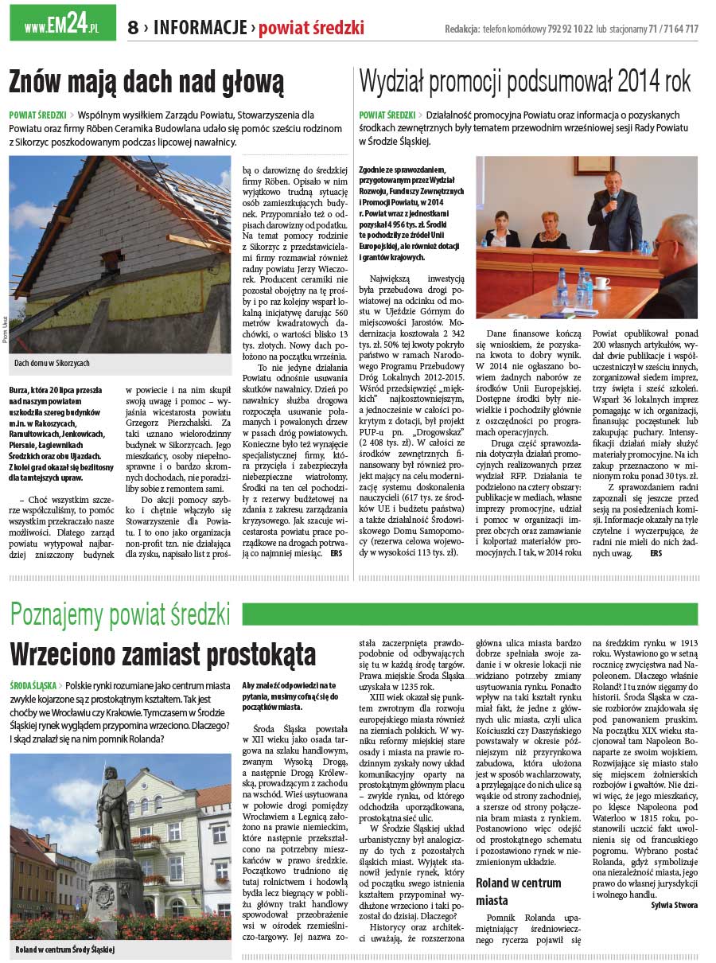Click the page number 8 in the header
pos(133,28)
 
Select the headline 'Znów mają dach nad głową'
pos(146,82)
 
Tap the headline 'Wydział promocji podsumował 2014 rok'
pos(525,81)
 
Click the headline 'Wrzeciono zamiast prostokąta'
pos(163,654)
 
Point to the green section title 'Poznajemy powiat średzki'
pos(121,614)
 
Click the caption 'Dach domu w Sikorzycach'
pos(52,363)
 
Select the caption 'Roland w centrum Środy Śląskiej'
pos(65,949)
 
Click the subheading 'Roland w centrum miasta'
pos(519,891)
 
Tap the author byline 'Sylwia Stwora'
pos(674,905)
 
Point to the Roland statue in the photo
pos(111,804)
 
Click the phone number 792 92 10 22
pos(570,29)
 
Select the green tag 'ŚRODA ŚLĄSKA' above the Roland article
pos(33,685)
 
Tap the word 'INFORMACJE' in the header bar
pos(200,28)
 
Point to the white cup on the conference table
pos(601,283)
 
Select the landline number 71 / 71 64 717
pos(673,29)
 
